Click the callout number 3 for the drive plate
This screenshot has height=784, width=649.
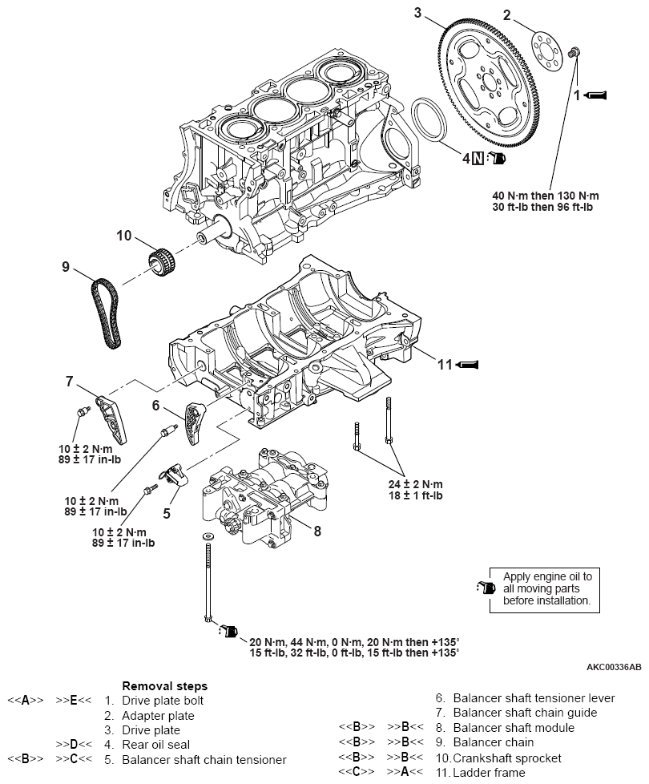(x=417, y=12)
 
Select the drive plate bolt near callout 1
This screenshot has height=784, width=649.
(x=574, y=53)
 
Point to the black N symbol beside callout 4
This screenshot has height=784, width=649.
(x=478, y=158)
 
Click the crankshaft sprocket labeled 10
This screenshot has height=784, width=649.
(x=163, y=259)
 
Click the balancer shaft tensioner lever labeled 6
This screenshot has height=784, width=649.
(x=194, y=422)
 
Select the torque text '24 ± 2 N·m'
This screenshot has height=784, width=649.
(x=415, y=484)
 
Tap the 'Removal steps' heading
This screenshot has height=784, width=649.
(x=164, y=686)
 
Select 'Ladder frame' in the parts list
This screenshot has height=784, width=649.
(x=490, y=773)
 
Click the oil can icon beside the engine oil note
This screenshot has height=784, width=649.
(x=482, y=588)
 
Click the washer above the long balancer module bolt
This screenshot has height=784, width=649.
(x=208, y=535)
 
